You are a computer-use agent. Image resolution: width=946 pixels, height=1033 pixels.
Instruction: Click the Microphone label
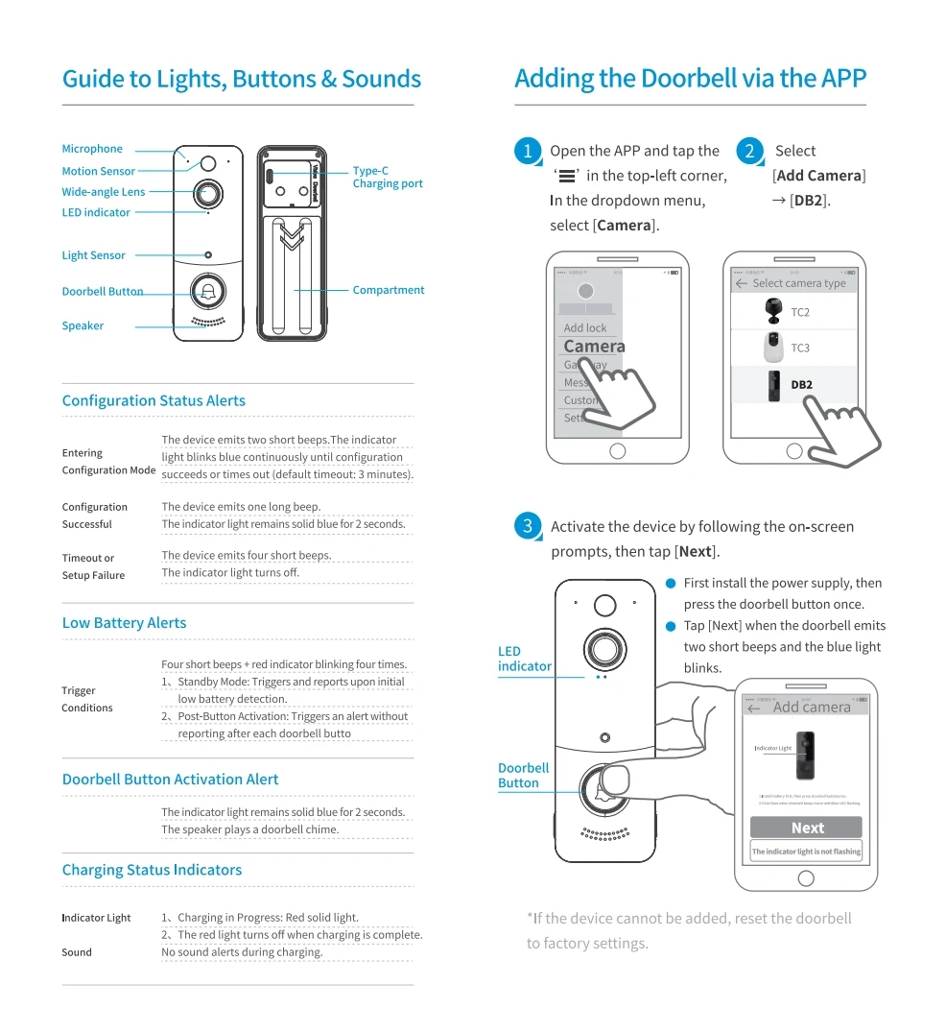point(92,149)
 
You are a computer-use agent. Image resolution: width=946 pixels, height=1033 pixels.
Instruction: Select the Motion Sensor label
point(98,171)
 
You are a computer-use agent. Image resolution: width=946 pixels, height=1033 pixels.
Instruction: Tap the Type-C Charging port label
point(387,177)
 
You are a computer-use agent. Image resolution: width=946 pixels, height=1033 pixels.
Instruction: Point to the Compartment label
point(388,290)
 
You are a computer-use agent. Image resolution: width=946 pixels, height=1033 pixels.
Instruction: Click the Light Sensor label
point(93,255)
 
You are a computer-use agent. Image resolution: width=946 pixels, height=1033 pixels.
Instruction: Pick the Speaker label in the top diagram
point(83,325)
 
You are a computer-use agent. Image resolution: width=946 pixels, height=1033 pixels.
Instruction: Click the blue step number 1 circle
point(527,151)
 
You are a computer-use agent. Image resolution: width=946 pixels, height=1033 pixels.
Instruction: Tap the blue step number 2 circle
point(749,151)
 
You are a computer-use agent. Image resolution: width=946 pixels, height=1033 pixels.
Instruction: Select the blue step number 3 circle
point(527,526)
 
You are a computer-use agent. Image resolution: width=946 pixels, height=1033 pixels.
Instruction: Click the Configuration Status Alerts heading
point(154,400)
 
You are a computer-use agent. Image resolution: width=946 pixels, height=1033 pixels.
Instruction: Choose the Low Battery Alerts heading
point(124,623)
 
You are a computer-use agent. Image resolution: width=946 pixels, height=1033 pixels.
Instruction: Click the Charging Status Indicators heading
point(152,870)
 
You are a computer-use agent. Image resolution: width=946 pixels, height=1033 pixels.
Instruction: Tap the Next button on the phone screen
point(807,828)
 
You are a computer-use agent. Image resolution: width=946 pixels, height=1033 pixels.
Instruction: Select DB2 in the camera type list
point(801,385)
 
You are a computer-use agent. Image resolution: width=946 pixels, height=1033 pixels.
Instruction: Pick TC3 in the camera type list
point(799,348)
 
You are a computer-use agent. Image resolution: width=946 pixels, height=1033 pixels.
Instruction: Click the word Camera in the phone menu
point(594,347)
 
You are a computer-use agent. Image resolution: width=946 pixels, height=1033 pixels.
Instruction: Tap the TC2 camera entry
point(799,312)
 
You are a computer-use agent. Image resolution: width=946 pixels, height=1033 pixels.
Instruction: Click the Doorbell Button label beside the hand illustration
point(523,776)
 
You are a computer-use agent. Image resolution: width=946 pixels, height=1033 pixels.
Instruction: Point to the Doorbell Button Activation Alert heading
point(170,780)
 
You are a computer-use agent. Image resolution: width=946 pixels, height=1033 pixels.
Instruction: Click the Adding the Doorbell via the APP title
point(690,79)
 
